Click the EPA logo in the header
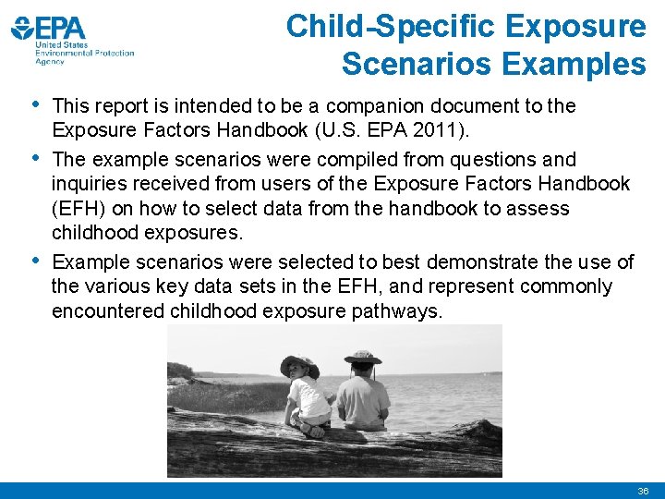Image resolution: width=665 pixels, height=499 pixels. click(x=72, y=38)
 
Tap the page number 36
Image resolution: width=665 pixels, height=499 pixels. click(x=643, y=491)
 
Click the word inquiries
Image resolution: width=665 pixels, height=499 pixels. click(x=89, y=183)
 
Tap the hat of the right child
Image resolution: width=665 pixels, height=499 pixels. click(x=363, y=356)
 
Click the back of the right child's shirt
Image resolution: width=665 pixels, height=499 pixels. click(x=363, y=397)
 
